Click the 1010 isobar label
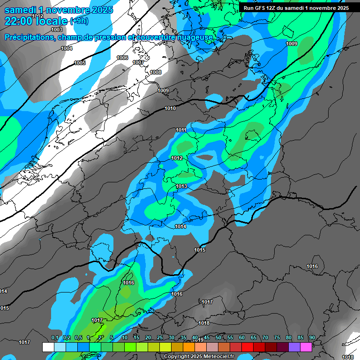coord(170,109)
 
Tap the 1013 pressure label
coord(181,187)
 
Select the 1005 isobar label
coord(80,63)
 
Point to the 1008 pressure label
coord(156,72)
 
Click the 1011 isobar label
coord(181,130)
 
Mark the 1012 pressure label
coord(177,158)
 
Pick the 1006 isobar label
coord(122,58)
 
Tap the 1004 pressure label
coord(67,49)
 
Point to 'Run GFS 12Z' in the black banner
coord(259,8)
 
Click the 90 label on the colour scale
coord(312,338)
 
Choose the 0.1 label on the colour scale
coord(55,338)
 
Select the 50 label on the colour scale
coord(218,338)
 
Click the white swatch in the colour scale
coord(48,347)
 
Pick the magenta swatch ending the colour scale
coord(306,347)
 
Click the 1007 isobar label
coord(138,62)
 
